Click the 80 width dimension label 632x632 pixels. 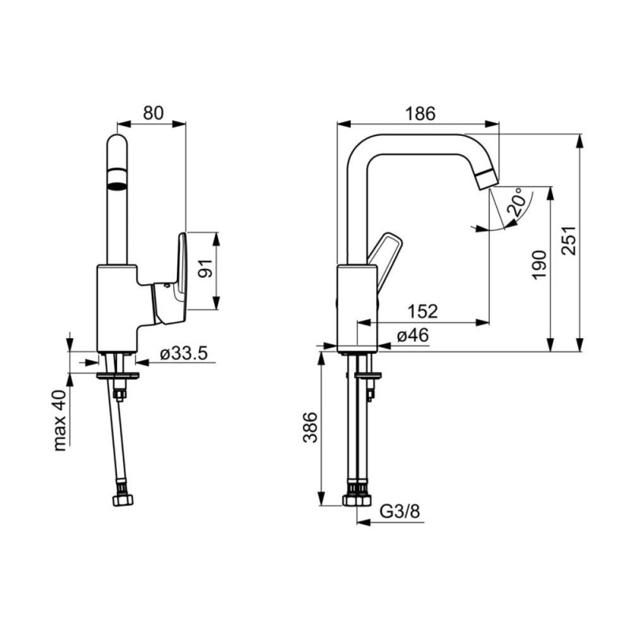click(153, 113)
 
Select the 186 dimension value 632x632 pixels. click(420, 114)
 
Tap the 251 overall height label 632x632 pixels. click(569, 240)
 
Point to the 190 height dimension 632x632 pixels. click(540, 265)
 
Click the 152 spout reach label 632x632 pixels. click(423, 311)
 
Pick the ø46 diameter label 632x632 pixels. click(412, 335)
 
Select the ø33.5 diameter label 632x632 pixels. click(183, 354)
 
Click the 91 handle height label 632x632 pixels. click(205, 269)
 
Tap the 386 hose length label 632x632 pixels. click(310, 427)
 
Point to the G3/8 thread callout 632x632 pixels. click(400, 511)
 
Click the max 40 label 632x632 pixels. click(59, 420)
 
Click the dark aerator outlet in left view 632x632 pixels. click(117, 186)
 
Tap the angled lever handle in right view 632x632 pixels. click(384, 262)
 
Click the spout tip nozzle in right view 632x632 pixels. click(487, 180)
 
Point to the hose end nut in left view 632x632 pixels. click(122, 501)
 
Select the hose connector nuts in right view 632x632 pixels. click(357, 500)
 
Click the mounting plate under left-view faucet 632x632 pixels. click(118, 376)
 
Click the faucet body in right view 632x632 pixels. click(357, 309)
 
